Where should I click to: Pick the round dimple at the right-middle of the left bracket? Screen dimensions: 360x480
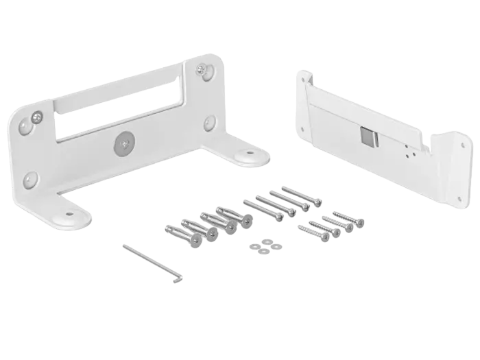coord(209,123)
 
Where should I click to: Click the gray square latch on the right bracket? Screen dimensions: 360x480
coord(368,138)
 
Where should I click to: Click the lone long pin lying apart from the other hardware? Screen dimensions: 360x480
coord(152,262)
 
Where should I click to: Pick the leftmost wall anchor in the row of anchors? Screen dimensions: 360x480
coord(180,232)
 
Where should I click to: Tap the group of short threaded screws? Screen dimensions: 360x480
coord(331,224)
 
